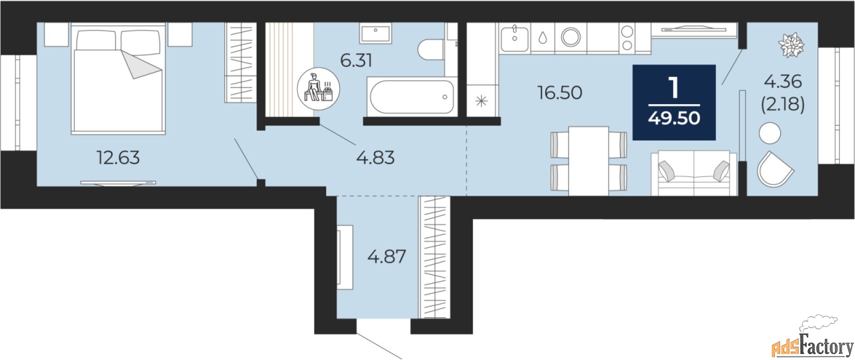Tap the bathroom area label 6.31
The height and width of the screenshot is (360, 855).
tap(356, 61)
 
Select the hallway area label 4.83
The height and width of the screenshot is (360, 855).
tap(375, 158)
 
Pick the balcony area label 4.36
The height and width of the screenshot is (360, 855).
tap(782, 82)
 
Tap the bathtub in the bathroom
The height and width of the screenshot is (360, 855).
tap(411, 97)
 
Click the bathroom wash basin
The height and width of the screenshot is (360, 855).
tap(379, 31)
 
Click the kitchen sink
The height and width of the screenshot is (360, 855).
tap(514, 37)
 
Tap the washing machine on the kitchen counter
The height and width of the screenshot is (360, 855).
tap(572, 37)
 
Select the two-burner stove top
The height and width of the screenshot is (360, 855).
tap(629, 37)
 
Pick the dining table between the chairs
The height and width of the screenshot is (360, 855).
tap(588, 160)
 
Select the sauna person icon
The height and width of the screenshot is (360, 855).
tap(319, 86)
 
